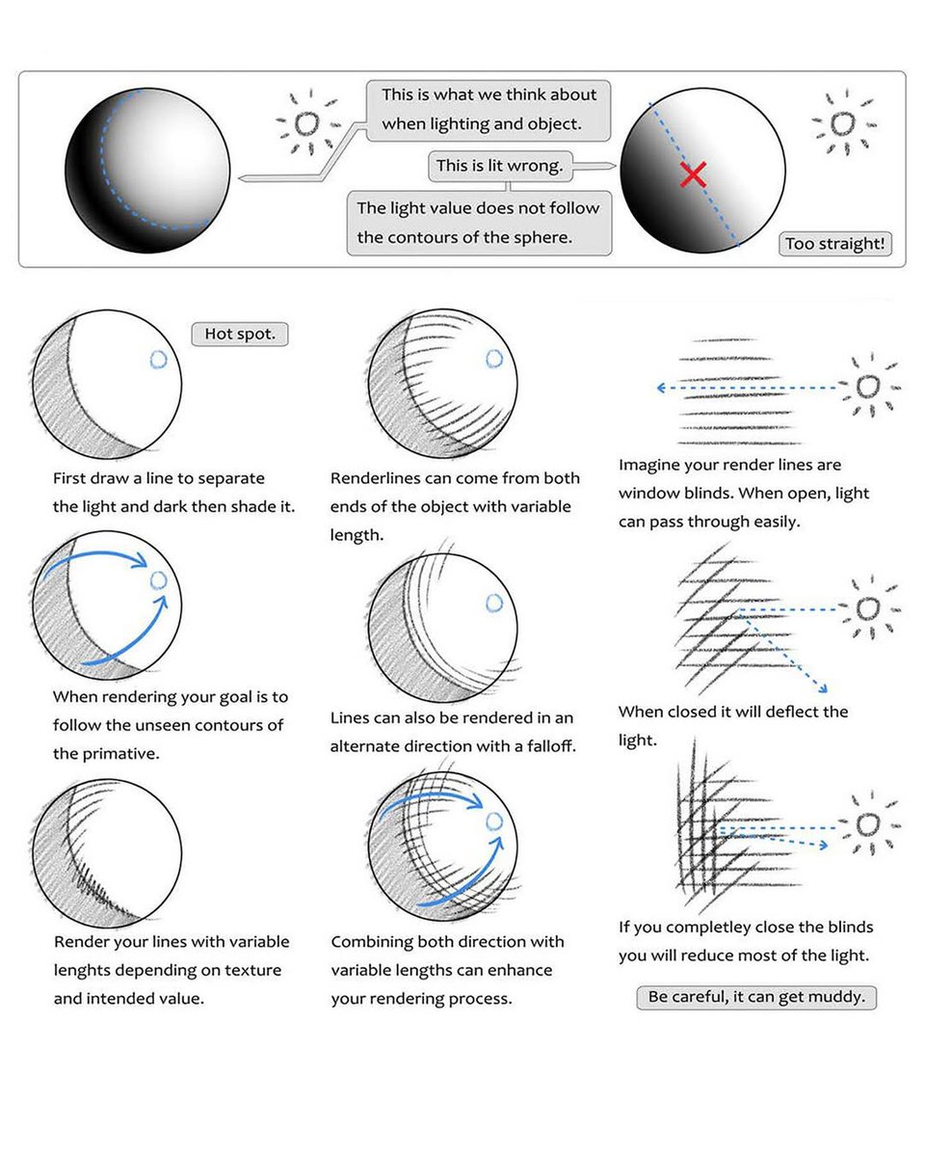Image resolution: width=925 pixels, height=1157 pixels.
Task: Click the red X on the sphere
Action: click(693, 175)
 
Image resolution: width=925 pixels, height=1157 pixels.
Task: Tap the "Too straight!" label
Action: click(833, 244)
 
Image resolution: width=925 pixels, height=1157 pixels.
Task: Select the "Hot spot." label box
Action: click(240, 334)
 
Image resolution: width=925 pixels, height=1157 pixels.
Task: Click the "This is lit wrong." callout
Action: click(499, 166)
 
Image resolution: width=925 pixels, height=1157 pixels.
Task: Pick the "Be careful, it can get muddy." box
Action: click(756, 997)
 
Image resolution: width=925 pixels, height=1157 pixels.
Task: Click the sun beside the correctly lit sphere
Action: click(306, 123)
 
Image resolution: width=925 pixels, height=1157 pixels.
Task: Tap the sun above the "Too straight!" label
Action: click(842, 123)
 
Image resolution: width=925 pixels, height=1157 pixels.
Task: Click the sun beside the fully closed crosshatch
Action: click(867, 825)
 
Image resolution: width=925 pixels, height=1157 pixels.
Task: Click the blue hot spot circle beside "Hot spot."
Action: click(159, 360)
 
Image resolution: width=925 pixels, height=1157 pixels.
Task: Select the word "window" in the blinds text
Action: click(647, 494)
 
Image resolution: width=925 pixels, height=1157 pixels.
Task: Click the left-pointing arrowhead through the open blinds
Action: click(662, 388)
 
